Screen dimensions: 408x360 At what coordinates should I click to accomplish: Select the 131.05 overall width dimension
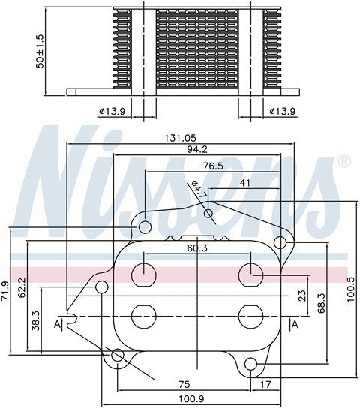(182, 138)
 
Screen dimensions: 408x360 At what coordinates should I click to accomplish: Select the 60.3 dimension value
(198, 247)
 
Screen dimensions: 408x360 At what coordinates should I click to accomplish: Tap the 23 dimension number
(301, 295)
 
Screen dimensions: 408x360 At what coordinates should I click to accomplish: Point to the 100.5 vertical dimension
(349, 286)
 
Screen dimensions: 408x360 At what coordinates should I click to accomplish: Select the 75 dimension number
(184, 383)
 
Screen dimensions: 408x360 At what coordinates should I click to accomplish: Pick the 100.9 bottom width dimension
(197, 398)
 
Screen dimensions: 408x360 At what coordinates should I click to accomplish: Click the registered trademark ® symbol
(344, 161)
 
